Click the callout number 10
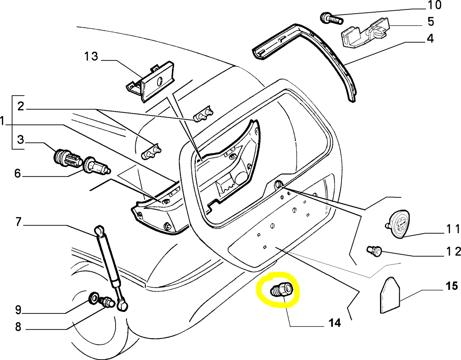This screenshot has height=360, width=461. coord(434,5)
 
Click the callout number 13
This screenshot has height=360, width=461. coord(91,56)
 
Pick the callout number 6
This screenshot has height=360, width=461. coord(18,173)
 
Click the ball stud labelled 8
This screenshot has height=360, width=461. coord(107,302)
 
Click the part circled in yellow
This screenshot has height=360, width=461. coord(281,290)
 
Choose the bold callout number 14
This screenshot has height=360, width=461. coord(335,323)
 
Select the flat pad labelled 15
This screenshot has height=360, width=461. coord(390,296)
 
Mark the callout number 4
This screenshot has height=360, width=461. coord(430,39)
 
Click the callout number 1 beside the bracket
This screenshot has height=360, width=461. coord(3,122)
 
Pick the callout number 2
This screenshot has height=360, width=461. coord(21,106)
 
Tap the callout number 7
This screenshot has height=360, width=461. coord(18,222)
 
